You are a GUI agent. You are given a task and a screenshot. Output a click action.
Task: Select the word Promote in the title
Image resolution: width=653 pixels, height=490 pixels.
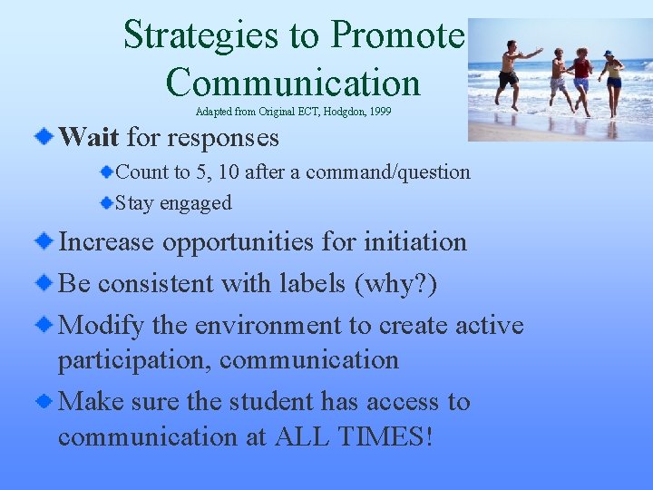(x=397, y=35)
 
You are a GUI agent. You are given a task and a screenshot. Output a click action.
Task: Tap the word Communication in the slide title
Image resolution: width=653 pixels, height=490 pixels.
(x=293, y=82)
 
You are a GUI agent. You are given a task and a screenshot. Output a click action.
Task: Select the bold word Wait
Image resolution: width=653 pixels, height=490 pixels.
(x=88, y=138)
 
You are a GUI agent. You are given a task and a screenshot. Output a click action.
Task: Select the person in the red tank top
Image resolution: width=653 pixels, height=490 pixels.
(x=581, y=77)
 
